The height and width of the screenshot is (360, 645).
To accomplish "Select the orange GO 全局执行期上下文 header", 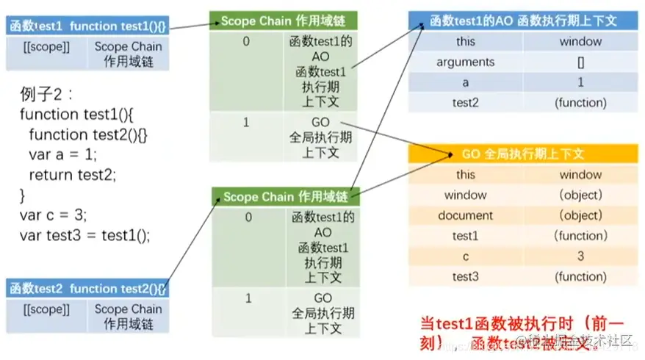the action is click(x=523, y=154).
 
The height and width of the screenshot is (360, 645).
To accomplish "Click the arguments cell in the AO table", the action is click(x=465, y=62).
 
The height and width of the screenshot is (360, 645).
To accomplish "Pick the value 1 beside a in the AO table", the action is click(x=580, y=83).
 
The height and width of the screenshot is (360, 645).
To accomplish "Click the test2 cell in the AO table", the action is click(x=465, y=103).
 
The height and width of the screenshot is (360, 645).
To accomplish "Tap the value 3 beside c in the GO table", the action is click(x=580, y=256).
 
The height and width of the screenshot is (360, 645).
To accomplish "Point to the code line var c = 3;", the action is click(x=54, y=215).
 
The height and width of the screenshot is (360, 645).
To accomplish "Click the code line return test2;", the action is click(x=73, y=175).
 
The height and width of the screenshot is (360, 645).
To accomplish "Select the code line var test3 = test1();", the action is click(x=84, y=235).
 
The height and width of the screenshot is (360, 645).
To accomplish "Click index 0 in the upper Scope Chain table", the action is click(x=248, y=42).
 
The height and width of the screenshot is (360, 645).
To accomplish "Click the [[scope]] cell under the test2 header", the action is click(x=46, y=309).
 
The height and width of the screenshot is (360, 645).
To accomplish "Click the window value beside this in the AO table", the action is click(x=580, y=42).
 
